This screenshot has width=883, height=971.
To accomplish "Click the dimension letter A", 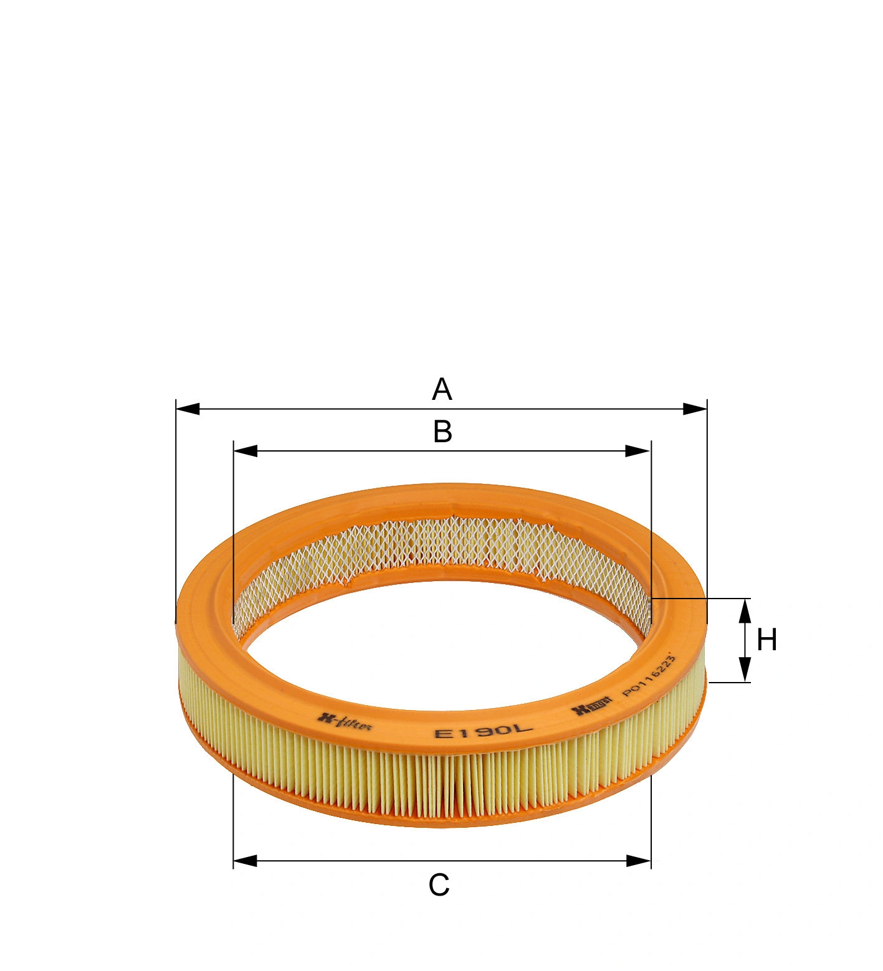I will (441, 389).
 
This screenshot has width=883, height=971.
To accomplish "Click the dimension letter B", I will (442, 432).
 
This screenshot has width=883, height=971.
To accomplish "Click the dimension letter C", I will (439, 885).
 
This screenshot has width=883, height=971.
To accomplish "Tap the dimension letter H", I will (766, 640).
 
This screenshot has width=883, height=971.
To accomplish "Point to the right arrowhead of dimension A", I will (695, 409).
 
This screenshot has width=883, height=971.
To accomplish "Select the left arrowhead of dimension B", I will (246, 451).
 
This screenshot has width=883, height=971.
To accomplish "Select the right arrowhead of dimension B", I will (638, 451).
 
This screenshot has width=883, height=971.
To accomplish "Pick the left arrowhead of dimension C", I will (246, 861).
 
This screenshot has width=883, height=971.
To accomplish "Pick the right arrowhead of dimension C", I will (639, 861).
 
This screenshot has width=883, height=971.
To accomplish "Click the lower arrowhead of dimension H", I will (745, 670).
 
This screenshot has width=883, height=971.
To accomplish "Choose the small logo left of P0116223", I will (592, 706).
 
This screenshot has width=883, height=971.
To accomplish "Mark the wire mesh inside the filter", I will (436, 545).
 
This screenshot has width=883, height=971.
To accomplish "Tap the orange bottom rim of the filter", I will (436, 821).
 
